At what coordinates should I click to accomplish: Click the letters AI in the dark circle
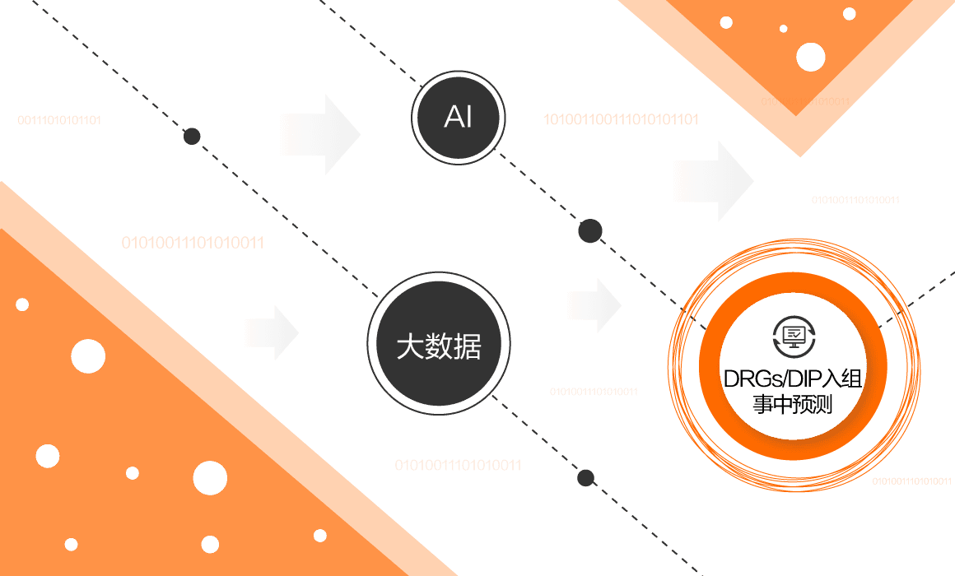pyautogui.click(x=458, y=118)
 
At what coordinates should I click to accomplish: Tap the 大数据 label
pyautogui.click(x=438, y=346)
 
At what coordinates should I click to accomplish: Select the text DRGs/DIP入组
pyautogui.click(x=792, y=379)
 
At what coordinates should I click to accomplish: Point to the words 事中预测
pyautogui.click(x=792, y=405)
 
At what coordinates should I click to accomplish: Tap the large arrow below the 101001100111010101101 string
pyautogui.click(x=715, y=181)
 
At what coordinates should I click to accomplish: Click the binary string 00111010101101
pyautogui.click(x=59, y=120)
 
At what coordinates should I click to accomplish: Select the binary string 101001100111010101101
pyautogui.click(x=620, y=119)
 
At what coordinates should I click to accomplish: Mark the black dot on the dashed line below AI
pyautogui.click(x=589, y=231)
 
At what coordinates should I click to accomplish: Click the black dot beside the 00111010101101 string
pyautogui.click(x=191, y=136)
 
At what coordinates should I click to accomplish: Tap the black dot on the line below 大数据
pyautogui.click(x=585, y=477)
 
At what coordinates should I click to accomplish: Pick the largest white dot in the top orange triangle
pyautogui.click(x=810, y=57)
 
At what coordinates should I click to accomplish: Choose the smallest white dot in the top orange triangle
pyautogui.click(x=783, y=29)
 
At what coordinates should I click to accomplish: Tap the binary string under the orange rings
pyautogui.click(x=911, y=481)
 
